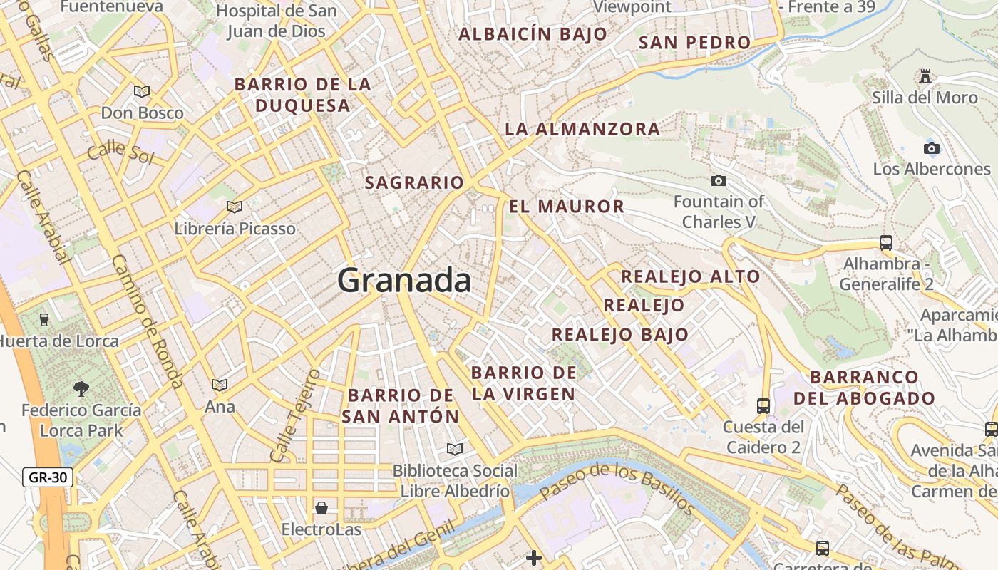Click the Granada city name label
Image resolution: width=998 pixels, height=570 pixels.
(404, 280)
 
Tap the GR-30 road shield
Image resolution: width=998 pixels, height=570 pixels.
(48, 477)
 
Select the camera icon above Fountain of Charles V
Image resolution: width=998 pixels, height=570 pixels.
(719, 180)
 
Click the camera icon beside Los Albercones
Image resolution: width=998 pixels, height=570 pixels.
(931, 148)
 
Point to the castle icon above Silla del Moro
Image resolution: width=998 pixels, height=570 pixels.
(925, 76)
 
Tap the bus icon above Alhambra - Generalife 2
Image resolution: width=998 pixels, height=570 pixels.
(886, 242)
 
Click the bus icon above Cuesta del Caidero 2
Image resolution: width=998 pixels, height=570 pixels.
(763, 405)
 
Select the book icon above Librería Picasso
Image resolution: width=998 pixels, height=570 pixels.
(235, 207)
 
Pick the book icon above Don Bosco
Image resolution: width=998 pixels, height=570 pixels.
(142, 91)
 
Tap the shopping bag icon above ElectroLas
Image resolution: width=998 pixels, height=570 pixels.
(321, 508)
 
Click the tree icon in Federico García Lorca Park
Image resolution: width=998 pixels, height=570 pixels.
(81, 388)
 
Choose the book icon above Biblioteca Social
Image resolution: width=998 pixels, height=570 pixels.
(455, 449)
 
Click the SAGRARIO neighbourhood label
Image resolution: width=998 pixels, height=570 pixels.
(414, 182)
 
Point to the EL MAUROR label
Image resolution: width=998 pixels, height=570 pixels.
(566, 207)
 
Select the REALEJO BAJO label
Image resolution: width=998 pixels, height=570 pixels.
(620, 334)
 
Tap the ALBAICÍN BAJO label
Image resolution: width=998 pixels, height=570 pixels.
(533, 33)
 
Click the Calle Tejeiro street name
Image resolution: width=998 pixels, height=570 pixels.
(294, 415)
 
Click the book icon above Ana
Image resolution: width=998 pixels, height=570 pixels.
(220, 385)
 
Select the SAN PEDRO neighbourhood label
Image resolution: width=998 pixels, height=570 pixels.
(694, 42)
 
